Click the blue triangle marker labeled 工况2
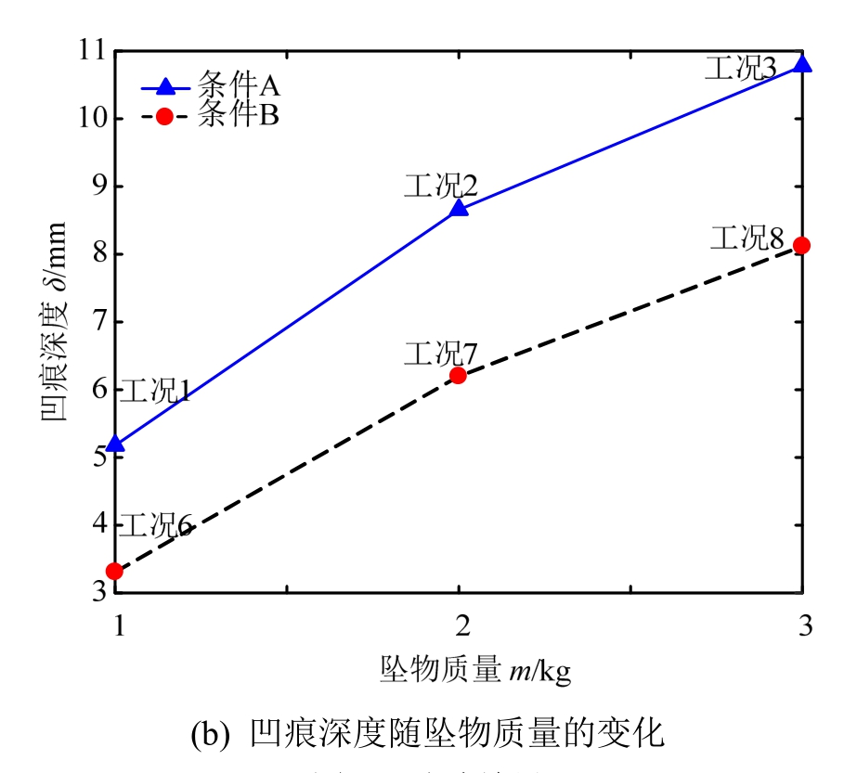click(x=458, y=208)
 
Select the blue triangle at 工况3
click(x=802, y=63)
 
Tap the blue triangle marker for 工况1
click(x=114, y=444)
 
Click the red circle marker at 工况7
click(x=458, y=375)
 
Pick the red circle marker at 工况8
click(x=802, y=245)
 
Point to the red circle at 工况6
click(x=114, y=571)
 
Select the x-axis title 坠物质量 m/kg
click(x=474, y=669)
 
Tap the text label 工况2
click(x=440, y=186)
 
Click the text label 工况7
click(x=440, y=354)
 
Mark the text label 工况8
click(x=747, y=238)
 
